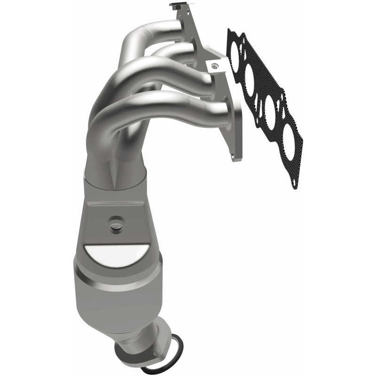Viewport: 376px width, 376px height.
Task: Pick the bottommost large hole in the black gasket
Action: [x=288, y=139]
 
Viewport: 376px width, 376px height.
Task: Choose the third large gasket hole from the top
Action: [x=270, y=110]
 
